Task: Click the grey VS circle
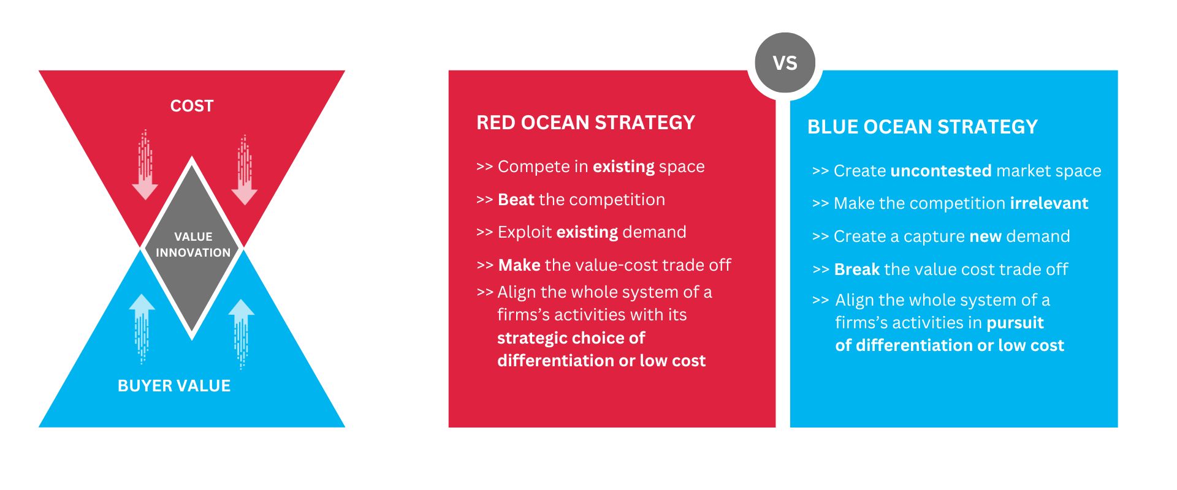(x=785, y=63)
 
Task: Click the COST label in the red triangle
(x=192, y=106)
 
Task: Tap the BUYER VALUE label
(x=174, y=386)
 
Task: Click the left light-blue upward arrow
(x=142, y=328)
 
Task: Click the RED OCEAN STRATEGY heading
(x=585, y=123)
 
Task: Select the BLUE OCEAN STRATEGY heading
(x=922, y=127)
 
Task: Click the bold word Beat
(x=516, y=200)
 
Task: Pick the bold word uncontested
(x=940, y=171)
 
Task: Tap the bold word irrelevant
(x=1049, y=203)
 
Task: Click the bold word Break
(x=856, y=269)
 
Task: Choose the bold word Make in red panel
(x=519, y=265)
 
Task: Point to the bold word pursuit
(x=1015, y=323)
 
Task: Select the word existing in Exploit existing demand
(x=587, y=232)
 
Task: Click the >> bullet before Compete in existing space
(x=484, y=167)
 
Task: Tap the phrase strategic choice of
(x=571, y=338)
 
